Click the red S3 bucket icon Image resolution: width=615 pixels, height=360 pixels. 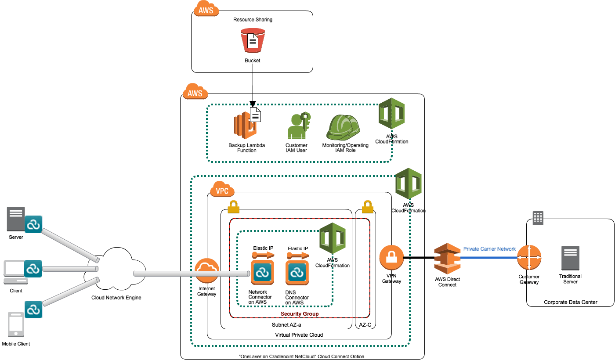tap(253, 40)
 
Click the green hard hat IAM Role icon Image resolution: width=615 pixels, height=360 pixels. tap(344, 127)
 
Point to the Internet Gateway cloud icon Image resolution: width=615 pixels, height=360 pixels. tap(206, 270)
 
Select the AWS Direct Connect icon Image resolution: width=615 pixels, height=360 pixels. tap(447, 259)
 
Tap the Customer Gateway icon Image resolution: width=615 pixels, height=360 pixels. tap(529, 258)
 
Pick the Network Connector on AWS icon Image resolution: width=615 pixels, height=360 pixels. tap(262, 273)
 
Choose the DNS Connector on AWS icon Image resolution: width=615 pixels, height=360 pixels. tap(297, 273)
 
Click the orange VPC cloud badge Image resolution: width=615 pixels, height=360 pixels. tap(222, 191)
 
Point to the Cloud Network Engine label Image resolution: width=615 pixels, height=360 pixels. tap(116, 298)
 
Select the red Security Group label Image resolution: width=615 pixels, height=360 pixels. tap(299, 313)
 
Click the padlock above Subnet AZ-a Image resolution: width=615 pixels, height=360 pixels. tap(233, 206)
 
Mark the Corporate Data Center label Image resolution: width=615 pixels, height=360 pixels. tap(570, 302)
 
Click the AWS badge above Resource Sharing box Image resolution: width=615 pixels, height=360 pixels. tap(206, 10)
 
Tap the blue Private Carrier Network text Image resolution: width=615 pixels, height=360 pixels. tap(489, 249)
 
